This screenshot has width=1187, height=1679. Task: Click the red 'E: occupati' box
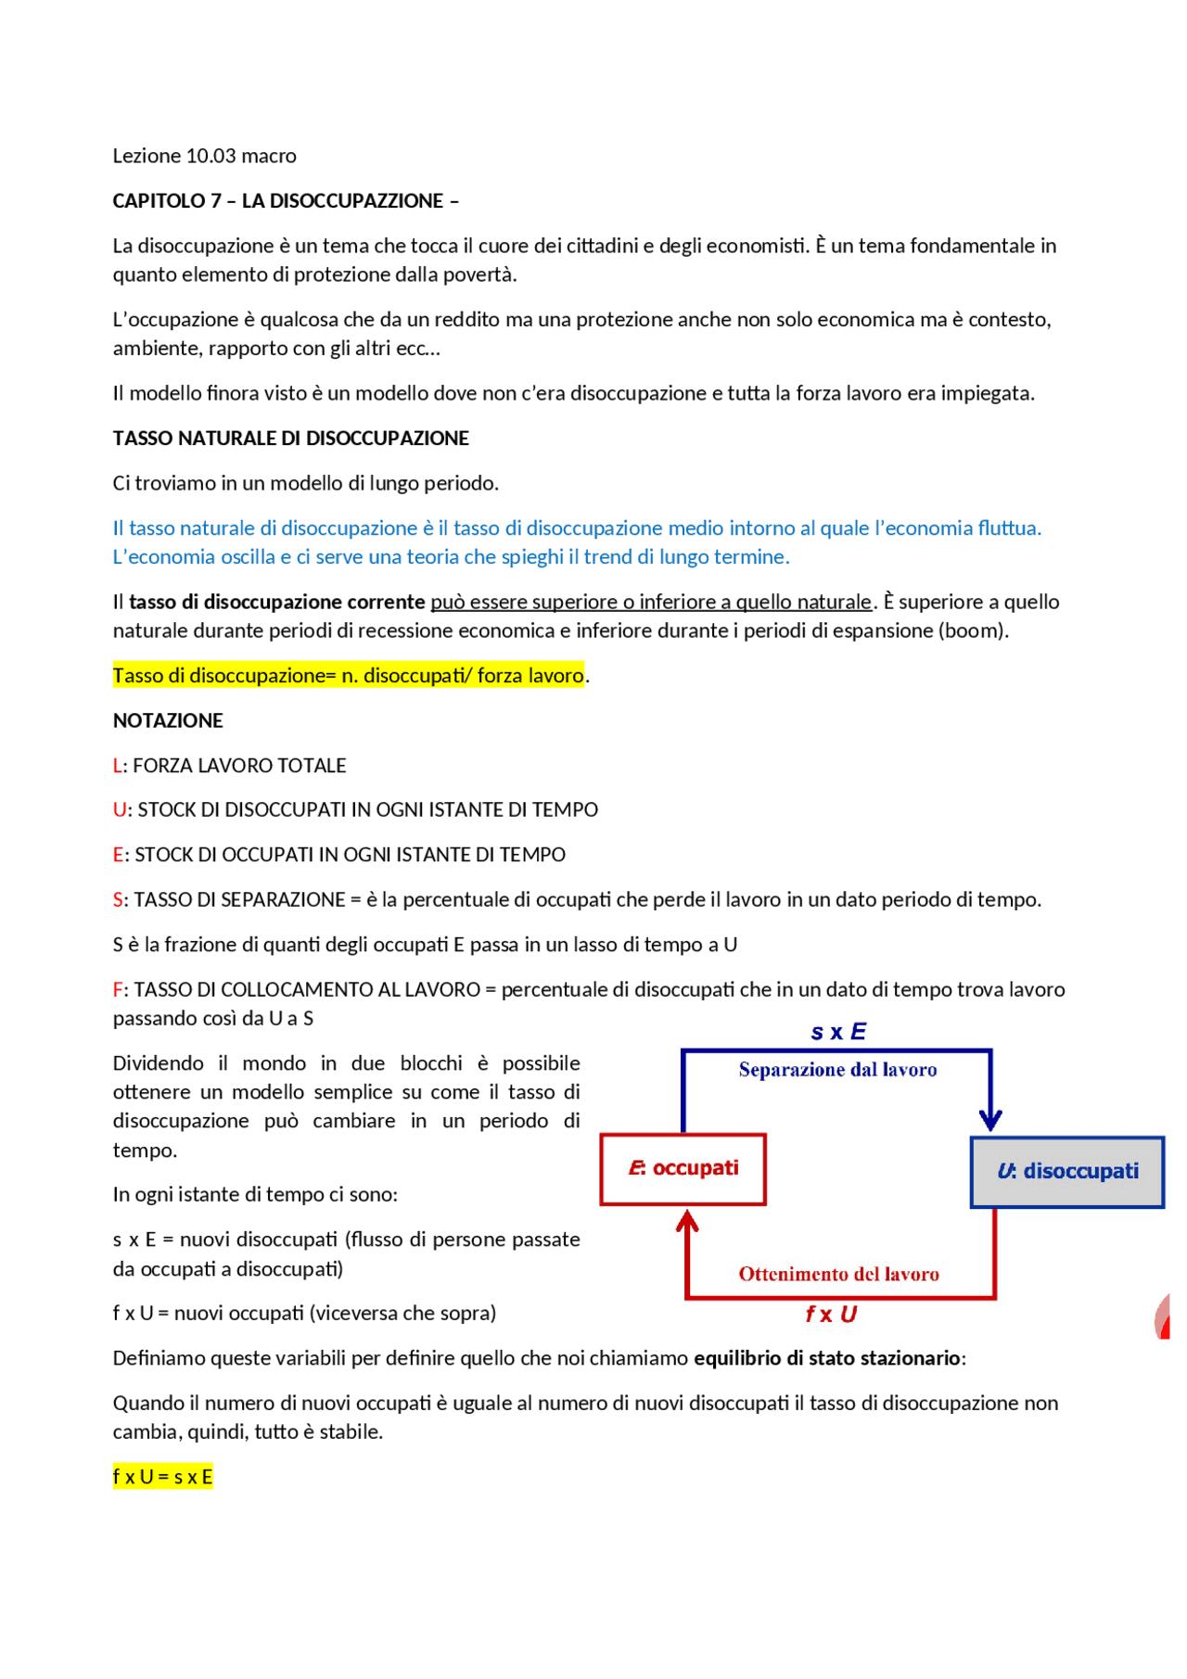click(683, 1168)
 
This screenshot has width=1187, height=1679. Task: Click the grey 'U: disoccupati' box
click(1066, 1172)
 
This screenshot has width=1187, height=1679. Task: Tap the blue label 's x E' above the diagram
click(837, 1032)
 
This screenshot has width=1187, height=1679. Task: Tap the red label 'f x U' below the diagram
click(831, 1314)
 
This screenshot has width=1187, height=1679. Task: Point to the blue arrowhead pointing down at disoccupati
click(990, 1120)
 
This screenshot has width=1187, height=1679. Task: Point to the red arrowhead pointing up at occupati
click(687, 1221)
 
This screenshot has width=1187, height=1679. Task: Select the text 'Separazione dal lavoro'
click(837, 1070)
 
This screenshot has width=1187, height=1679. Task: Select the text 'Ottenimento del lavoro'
click(838, 1274)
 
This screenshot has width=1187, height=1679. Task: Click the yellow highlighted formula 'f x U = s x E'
click(162, 1477)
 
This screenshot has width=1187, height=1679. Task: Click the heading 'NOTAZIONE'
click(168, 720)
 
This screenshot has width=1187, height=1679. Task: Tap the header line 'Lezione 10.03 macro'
click(204, 156)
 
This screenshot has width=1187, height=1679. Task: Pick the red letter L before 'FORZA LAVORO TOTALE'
click(117, 766)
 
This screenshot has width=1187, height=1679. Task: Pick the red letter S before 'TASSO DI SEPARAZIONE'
click(118, 900)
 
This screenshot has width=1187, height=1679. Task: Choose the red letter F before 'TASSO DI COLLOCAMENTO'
click(117, 990)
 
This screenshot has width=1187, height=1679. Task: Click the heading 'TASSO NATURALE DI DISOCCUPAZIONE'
click(290, 439)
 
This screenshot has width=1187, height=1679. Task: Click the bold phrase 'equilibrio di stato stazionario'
click(826, 1358)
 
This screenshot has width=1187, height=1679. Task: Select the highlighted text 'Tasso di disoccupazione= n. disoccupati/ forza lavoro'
click(348, 676)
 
